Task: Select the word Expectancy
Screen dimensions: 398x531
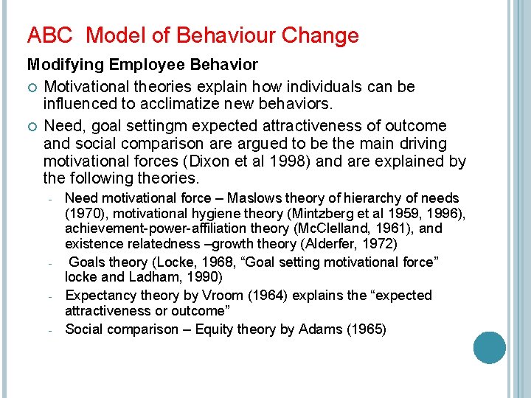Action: pos(100,295)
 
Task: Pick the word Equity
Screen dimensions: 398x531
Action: pos(209,329)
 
